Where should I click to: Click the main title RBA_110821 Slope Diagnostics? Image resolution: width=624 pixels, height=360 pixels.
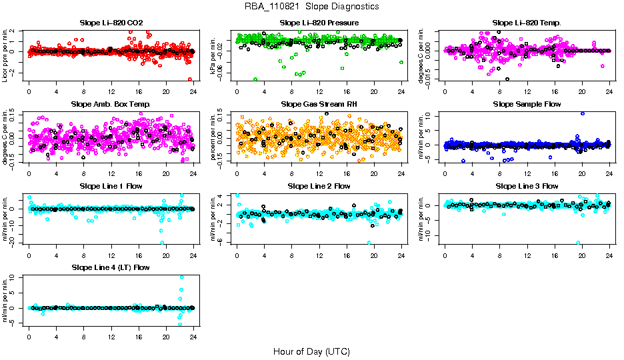click(x=312, y=6)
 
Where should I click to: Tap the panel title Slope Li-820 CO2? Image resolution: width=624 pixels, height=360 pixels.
click(x=111, y=23)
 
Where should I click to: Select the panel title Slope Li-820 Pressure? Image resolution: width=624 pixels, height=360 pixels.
click(x=319, y=23)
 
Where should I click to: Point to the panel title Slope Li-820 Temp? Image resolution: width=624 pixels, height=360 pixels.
click(x=527, y=23)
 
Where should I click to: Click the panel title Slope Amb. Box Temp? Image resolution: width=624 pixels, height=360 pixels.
click(x=111, y=104)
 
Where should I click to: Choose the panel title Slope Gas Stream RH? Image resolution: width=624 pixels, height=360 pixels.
click(x=319, y=104)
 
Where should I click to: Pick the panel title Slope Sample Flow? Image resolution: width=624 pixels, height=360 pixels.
click(x=527, y=104)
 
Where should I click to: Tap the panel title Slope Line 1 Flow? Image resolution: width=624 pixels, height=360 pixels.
click(x=111, y=186)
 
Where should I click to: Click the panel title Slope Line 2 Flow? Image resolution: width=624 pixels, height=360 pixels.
click(x=319, y=186)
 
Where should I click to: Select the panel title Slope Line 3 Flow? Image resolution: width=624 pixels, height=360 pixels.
click(x=527, y=186)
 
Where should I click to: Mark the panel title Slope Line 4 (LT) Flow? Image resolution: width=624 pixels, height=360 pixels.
click(x=111, y=267)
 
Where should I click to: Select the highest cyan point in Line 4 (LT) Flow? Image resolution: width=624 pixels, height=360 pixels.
click(x=181, y=277)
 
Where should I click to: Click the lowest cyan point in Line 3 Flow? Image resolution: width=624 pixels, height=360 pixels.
click(x=578, y=243)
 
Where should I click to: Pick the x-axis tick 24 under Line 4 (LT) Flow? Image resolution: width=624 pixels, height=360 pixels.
click(x=193, y=335)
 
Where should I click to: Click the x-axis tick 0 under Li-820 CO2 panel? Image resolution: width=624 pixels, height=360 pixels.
click(x=29, y=91)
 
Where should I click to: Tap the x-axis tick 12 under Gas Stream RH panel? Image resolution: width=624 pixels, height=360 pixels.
click(x=319, y=172)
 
